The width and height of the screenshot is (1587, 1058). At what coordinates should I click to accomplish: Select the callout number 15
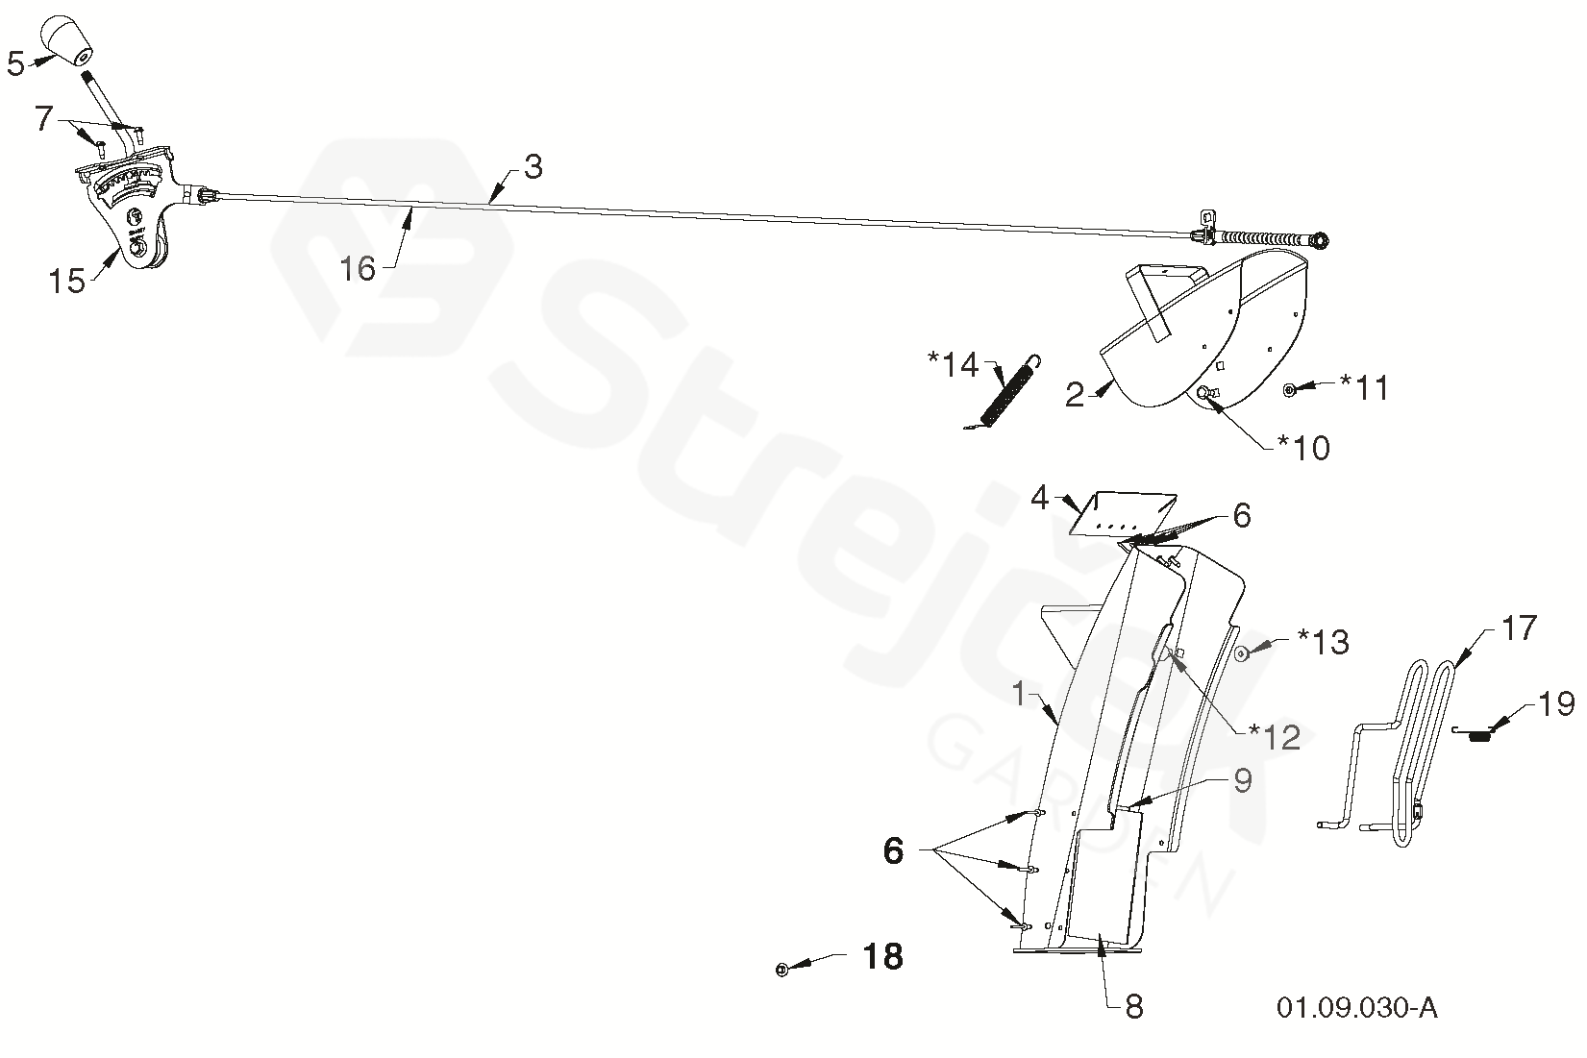pyautogui.click(x=67, y=283)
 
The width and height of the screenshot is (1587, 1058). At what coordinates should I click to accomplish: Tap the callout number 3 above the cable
pyautogui.click(x=533, y=166)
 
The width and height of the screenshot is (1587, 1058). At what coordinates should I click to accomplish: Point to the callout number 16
pyautogui.click(x=358, y=268)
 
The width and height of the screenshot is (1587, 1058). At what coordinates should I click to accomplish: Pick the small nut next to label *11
pyautogui.click(x=1291, y=389)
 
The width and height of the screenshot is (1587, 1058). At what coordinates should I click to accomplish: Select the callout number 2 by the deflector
pyautogui.click(x=1075, y=395)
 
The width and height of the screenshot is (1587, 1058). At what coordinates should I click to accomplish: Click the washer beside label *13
pyautogui.click(x=1241, y=653)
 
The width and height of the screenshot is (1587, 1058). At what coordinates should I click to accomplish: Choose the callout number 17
pyautogui.click(x=1519, y=628)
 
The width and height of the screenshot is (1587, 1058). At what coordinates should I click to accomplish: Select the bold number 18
pyautogui.click(x=882, y=956)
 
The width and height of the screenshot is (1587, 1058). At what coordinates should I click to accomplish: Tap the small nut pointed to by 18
pyautogui.click(x=781, y=970)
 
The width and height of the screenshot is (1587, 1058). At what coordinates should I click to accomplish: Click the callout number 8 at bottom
pyautogui.click(x=1133, y=1006)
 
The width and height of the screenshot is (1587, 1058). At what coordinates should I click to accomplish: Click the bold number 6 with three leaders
pyautogui.click(x=894, y=850)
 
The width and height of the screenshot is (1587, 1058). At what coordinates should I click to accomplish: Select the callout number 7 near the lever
pyautogui.click(x=44, y=119)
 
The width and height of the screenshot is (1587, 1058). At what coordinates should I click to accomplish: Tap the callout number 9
pyautogui.click(x=1242, y=781)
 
